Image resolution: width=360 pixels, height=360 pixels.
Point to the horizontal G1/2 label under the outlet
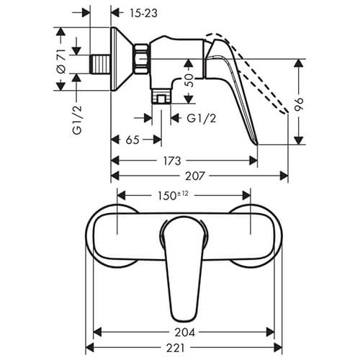(x=202, y=117)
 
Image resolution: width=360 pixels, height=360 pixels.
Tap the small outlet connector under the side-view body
(x=161, y=95)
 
